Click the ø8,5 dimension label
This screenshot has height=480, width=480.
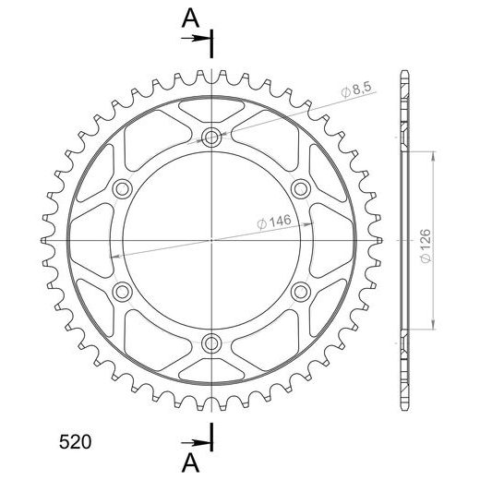pos(356,90)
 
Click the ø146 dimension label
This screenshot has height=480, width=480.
pos(274,222)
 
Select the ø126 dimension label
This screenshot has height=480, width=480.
pos(426,246)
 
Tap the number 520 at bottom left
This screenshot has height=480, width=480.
pos(75,442)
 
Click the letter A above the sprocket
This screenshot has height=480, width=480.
pos(191,18)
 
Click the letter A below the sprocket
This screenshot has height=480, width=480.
pos(191,462)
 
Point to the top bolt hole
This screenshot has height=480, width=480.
pos(211,137)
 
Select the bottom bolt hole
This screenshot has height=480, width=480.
pos(211,342)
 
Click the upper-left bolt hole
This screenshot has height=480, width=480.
pos(122,188)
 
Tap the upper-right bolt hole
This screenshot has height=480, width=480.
pos(301,188)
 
